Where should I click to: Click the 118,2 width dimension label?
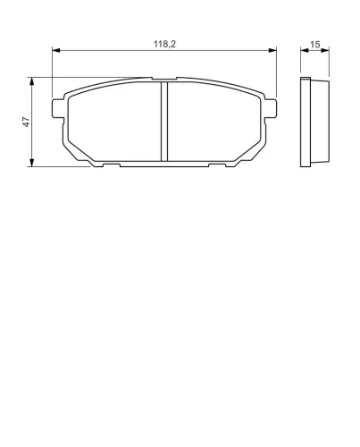(164, 44)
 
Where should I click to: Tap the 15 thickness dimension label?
(315, 45)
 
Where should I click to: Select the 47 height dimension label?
(27, 122)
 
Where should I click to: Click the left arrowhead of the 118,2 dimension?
(56, 50)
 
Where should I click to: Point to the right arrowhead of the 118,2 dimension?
(272, 50)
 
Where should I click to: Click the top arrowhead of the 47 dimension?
(31, 81)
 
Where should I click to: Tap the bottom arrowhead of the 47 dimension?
(31, 163)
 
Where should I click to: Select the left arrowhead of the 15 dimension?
(305, 50)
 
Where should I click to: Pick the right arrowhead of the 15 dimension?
(325, 50)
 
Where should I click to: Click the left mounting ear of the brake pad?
(58, 108)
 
